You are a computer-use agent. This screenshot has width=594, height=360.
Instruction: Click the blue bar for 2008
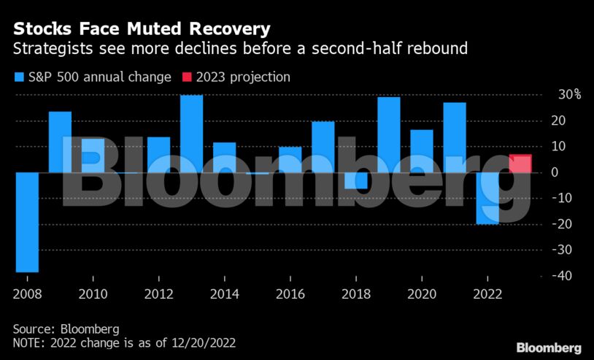click(x=27, y=222)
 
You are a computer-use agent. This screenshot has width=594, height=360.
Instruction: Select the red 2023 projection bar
click(x=520, y=164)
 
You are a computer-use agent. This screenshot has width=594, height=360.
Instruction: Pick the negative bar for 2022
click(x=487, y=198)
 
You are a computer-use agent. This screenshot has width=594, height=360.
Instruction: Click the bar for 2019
click(x=389, y=134)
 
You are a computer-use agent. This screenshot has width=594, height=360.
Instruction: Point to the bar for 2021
click(x=455, y=137)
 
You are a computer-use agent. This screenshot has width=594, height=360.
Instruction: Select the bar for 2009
click(x=60, y=142)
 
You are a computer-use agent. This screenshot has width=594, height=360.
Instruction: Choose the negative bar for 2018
click(x=356, y=180)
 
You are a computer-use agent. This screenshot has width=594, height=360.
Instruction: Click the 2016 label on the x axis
click(x=290, y=295)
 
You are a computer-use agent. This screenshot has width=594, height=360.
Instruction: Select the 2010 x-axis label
click(x=93, y=295)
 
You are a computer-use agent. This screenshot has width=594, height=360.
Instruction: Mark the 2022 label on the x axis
click(x=487, y=295)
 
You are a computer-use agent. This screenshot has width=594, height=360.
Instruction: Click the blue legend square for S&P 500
click(x=19, y=77)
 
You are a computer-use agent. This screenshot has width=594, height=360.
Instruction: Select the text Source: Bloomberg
click(x=66, y=329)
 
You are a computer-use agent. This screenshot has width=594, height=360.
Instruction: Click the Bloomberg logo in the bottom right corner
click(x=549, y=348)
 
